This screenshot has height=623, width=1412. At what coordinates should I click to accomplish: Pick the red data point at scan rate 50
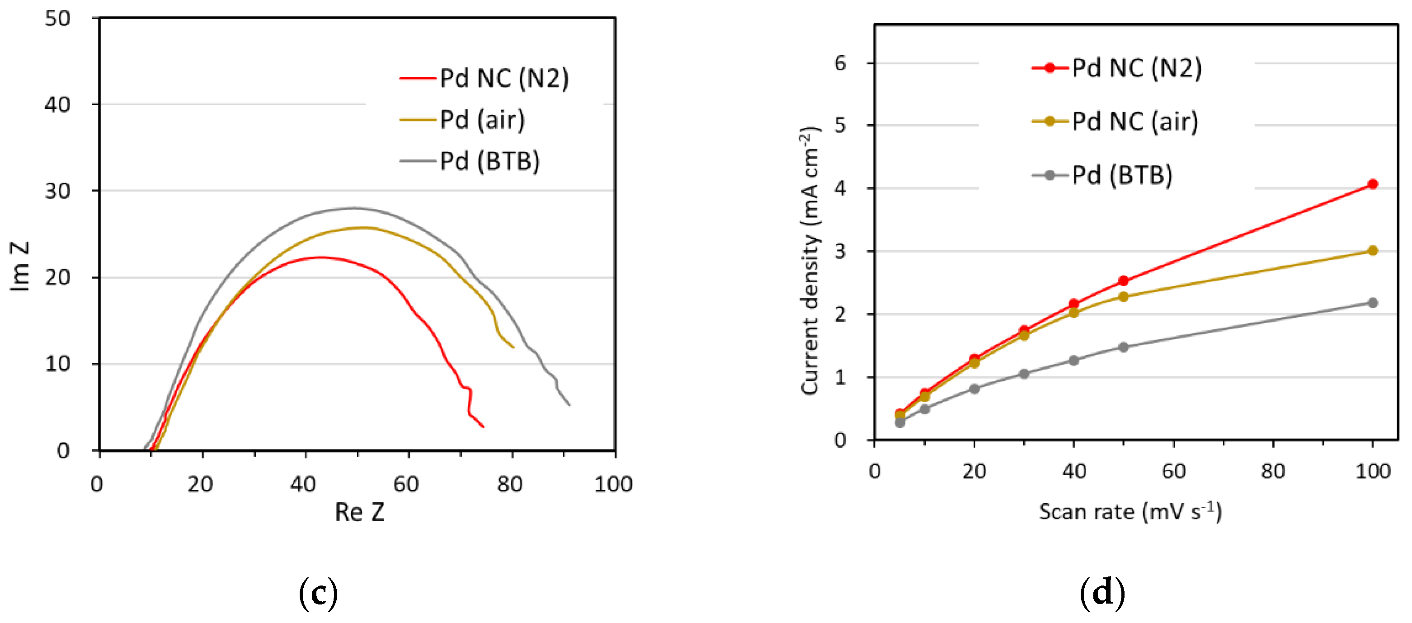[x=1123, y=281]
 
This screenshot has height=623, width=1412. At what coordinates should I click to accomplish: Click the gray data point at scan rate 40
[x=1073, y=361]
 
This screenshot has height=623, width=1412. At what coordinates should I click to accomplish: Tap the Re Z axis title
[x=360, y=512]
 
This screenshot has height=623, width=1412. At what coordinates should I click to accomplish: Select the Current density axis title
[x=810, y=261]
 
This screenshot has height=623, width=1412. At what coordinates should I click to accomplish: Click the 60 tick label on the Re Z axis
[x=406, y=484]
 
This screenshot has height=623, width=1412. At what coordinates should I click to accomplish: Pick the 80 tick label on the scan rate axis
[x=1273, y=471]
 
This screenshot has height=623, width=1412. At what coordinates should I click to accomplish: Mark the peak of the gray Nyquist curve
[x=355, y=208]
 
